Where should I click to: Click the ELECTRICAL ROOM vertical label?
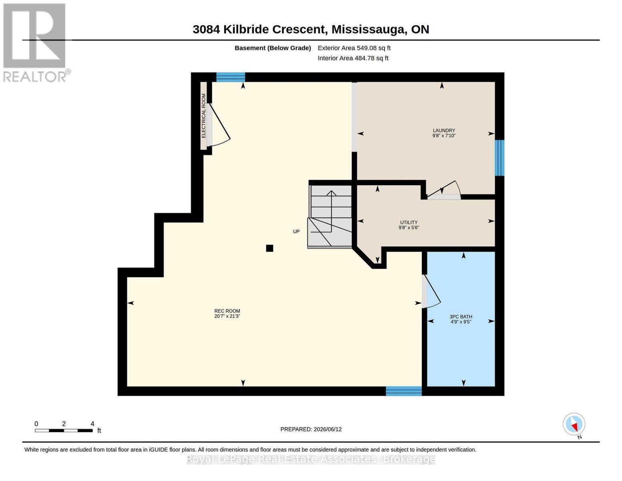203,116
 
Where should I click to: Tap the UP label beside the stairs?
296,231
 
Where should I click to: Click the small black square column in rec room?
269,248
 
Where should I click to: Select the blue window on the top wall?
231,77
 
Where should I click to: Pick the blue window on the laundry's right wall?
500,158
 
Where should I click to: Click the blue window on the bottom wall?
403,391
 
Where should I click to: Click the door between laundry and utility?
444,190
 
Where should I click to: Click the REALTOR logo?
35,43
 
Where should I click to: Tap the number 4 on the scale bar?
92,424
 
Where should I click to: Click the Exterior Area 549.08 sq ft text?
354,48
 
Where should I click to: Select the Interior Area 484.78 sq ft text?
353,58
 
